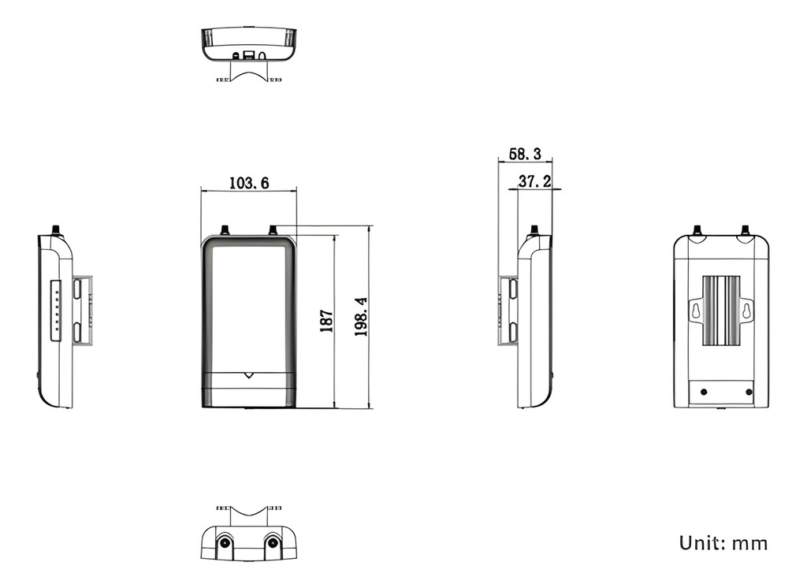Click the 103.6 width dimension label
[249, 183]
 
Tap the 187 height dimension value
[327, 321]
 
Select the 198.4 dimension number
[361, 317]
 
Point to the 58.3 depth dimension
[525, 154]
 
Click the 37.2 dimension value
[534, 181]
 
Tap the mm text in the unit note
[750, 544]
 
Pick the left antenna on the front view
[225, 231]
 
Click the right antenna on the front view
[273, 231]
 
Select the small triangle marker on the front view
[249, 375]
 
